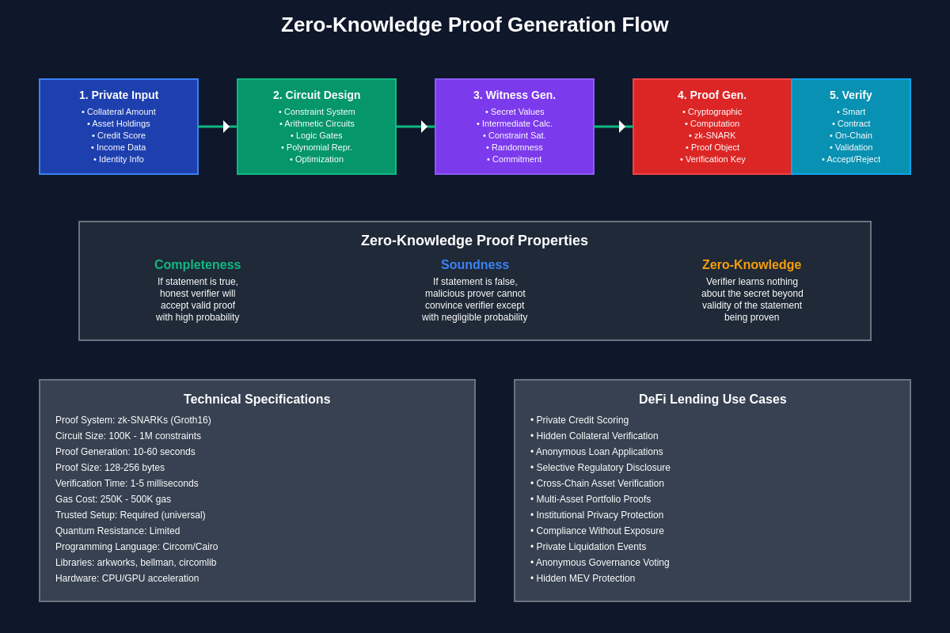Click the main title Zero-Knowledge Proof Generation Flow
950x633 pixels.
[474, 25]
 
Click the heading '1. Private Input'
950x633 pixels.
[119, 95]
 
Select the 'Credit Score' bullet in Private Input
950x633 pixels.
[119, 135]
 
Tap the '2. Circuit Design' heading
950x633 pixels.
[317, 95]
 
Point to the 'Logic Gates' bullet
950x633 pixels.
[317, 135]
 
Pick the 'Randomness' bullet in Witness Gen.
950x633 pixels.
[515, 147]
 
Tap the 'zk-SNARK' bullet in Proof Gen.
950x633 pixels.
[712, 135]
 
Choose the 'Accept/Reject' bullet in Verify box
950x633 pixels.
[851, 159]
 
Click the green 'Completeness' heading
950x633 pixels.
[197, 265]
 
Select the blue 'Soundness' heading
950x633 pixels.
[475, 265]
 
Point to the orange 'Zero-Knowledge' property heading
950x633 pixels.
[751, 265]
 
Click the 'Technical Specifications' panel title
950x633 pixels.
[257, 400]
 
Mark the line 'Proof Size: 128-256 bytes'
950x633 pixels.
[110, 468]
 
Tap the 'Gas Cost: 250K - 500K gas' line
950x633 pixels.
[113, 499]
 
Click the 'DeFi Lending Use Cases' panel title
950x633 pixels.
[712, 400]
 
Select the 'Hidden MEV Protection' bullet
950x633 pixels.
[583, 578]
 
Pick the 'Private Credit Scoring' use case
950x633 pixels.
[579, 420]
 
